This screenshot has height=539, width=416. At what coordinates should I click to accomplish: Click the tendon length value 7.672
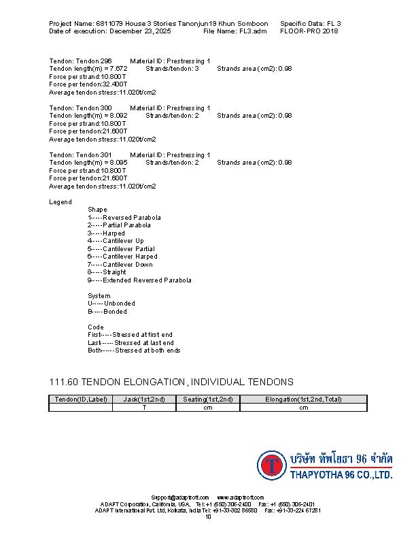tap(117, 69)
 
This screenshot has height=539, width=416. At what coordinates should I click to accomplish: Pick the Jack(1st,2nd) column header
tap(144, 399)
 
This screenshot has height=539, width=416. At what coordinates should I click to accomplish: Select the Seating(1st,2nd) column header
tap(208, 399)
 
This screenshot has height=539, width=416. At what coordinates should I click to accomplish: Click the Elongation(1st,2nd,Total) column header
tap(303, 399)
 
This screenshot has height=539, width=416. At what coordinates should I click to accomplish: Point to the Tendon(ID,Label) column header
tap(81, 399)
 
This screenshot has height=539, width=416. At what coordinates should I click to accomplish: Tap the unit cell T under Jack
tap(144, 408)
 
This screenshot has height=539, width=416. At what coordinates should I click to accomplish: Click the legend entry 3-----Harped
tap(106, 233)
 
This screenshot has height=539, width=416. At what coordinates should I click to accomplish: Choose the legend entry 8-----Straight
tap(107, 272)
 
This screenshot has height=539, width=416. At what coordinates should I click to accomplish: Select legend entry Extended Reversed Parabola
tap(147, 280)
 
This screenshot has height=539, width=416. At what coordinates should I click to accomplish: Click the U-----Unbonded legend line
tap(111, 304)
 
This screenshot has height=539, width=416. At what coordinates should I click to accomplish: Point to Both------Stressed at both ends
tap(134, 350)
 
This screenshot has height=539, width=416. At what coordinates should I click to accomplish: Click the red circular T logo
tap(273, 465)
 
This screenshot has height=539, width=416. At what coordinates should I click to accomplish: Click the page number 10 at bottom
tap(208, 517)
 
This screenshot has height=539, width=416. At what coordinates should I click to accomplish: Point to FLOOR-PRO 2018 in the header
tap(309, 31)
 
